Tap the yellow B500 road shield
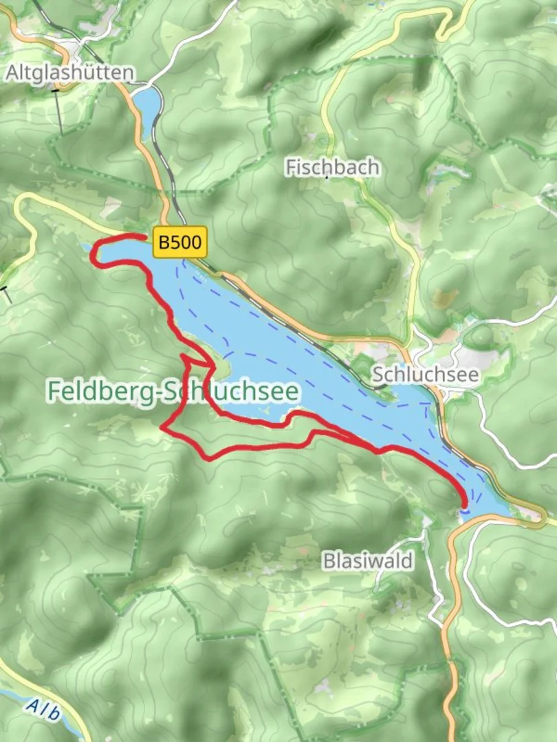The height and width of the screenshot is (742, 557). [180, 243]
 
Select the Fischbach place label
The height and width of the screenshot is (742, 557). [332, 167]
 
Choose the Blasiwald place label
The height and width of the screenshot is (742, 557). [369, 561]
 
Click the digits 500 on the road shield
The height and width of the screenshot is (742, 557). [188, 243]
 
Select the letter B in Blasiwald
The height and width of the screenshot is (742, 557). [329, 561]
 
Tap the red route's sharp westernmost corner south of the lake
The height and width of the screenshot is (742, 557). [162, 427]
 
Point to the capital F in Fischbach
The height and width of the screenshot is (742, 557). [290, 167]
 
